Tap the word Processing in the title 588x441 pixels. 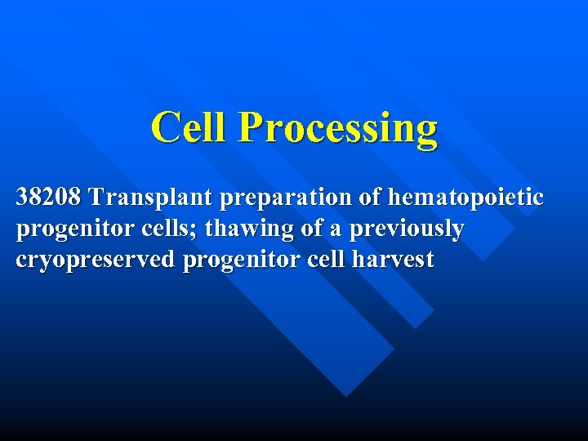pyautogui.click(x=338, y=129)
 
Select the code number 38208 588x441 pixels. pyautogui.click(x=49, y=198)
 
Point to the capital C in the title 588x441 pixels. pyautogui.click(x=167, y=127)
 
